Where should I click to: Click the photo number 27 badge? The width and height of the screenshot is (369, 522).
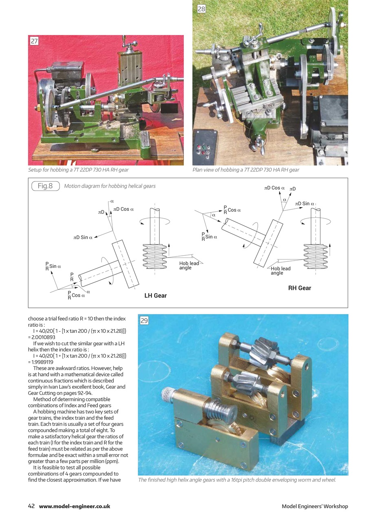click(34, 41)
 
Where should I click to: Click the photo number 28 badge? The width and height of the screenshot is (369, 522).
click(201, 9)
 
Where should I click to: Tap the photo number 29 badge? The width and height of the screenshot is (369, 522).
click(144, 321)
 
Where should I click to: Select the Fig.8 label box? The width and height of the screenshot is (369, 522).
click(45, 186)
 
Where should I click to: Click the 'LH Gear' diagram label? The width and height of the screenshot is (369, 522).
click(155, 295)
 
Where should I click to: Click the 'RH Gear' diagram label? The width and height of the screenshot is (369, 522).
click(299, 288)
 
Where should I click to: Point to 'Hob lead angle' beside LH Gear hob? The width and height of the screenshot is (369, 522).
click(189, 265)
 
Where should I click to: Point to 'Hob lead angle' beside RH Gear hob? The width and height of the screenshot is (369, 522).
click(281, 271)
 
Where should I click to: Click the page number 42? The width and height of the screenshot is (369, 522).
click(31, 506)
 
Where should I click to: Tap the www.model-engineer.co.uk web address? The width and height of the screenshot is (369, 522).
click(75, 507)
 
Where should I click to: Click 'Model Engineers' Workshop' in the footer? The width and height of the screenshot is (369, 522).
click(315, 507)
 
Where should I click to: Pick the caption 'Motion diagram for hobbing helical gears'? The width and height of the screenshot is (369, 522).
click(110, 186)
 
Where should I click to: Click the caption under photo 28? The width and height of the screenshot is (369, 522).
click(245, 170)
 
